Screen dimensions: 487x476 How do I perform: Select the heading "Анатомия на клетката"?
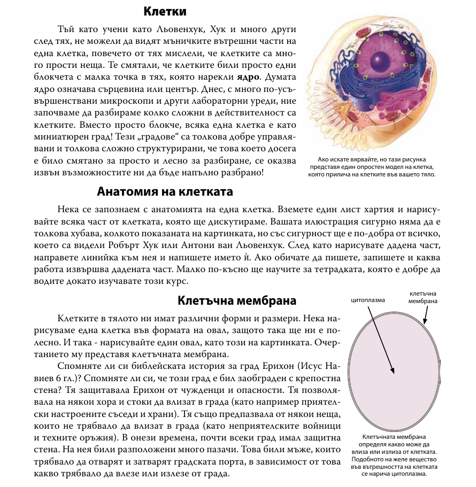point(165,191)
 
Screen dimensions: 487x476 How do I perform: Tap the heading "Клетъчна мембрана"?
point(237,300)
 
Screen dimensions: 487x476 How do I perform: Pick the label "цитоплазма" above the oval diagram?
point(367,300)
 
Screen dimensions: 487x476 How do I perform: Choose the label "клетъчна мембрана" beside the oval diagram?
point(423,297)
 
